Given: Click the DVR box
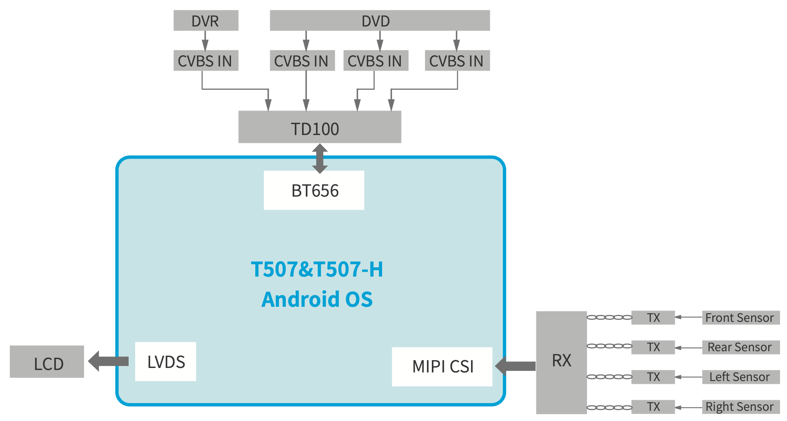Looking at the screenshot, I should (206, 20).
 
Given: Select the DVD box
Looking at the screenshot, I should (379, 20).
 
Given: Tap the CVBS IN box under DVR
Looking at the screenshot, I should (206, 61).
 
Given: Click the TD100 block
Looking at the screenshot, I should (320, 127).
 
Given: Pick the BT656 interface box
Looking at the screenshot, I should (314, 191).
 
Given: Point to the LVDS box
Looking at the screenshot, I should (166, 362).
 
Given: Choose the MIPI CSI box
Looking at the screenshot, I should (442, 367).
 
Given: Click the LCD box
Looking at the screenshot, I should (47, 362).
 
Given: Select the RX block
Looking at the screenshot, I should (561, 362).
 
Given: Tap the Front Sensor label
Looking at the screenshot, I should (740, 317).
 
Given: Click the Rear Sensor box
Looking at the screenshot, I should (740, 347).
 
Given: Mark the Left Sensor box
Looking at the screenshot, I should (740, 377).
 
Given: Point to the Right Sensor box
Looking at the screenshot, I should (740, 407).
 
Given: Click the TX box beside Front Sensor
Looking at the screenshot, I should (653, 317).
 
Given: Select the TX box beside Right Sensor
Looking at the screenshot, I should (653, 407).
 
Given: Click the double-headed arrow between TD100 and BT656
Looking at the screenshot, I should (320, 158).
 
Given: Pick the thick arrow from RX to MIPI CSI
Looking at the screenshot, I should (516, 366).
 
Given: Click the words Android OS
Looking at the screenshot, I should (317, 299).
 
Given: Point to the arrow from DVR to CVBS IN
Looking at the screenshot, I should (205, 40).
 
